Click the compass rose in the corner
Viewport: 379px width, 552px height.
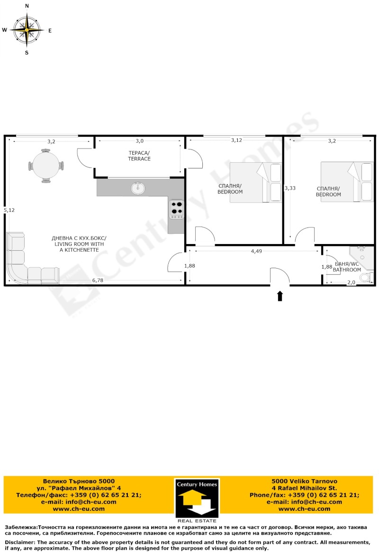coord(27,29)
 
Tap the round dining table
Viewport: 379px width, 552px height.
coord(45,166)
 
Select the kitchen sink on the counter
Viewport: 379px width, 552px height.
coord(138,188)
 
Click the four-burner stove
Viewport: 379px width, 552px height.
coord(177,209)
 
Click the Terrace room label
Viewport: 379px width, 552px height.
coord(139,156)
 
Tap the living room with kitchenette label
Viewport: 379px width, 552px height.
coord(79,244)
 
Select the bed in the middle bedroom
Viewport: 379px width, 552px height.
coord(255,183)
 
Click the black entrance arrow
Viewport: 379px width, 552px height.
coord(280,296)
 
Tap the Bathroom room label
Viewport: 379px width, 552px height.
coord(343,267)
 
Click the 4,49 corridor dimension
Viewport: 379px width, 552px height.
coord(256,251)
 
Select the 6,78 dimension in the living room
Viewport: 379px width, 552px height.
coord(98,280)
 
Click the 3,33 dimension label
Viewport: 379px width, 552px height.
coord(289,188)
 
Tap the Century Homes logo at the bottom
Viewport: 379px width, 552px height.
coord(197,498)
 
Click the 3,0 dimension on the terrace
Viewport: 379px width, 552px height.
coord(139,141)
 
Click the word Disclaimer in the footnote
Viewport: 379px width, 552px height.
coord(20,542)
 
